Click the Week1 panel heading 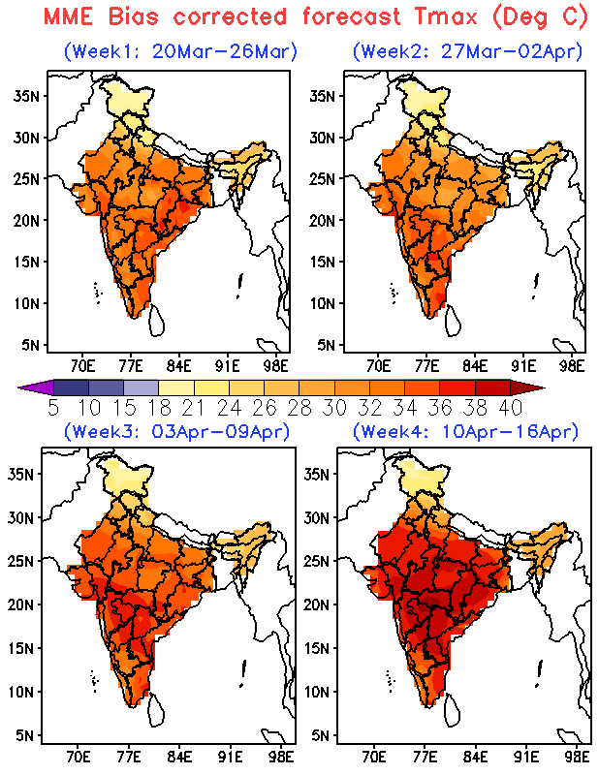coord(180,51)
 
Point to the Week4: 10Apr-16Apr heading coord(465,430)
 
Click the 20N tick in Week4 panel coord(320,604)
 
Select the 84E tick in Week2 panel coord(475,366)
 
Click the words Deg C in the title coord(552,16)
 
